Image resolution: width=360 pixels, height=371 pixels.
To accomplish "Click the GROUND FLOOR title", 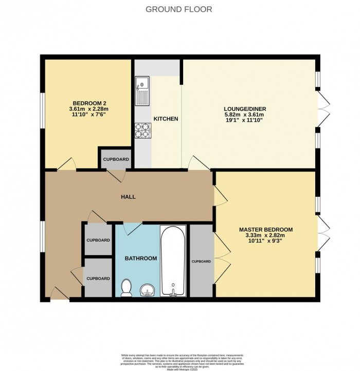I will click(179, 9).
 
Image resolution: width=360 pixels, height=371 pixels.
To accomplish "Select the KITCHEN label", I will click(166, 119).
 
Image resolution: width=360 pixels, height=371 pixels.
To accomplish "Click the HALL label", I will click(128, 197).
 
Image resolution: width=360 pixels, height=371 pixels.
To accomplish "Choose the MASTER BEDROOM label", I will click(266, 229).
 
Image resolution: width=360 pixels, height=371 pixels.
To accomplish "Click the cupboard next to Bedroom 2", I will click(116, 159).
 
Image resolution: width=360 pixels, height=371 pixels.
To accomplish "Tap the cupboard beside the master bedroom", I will click(201, 261).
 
